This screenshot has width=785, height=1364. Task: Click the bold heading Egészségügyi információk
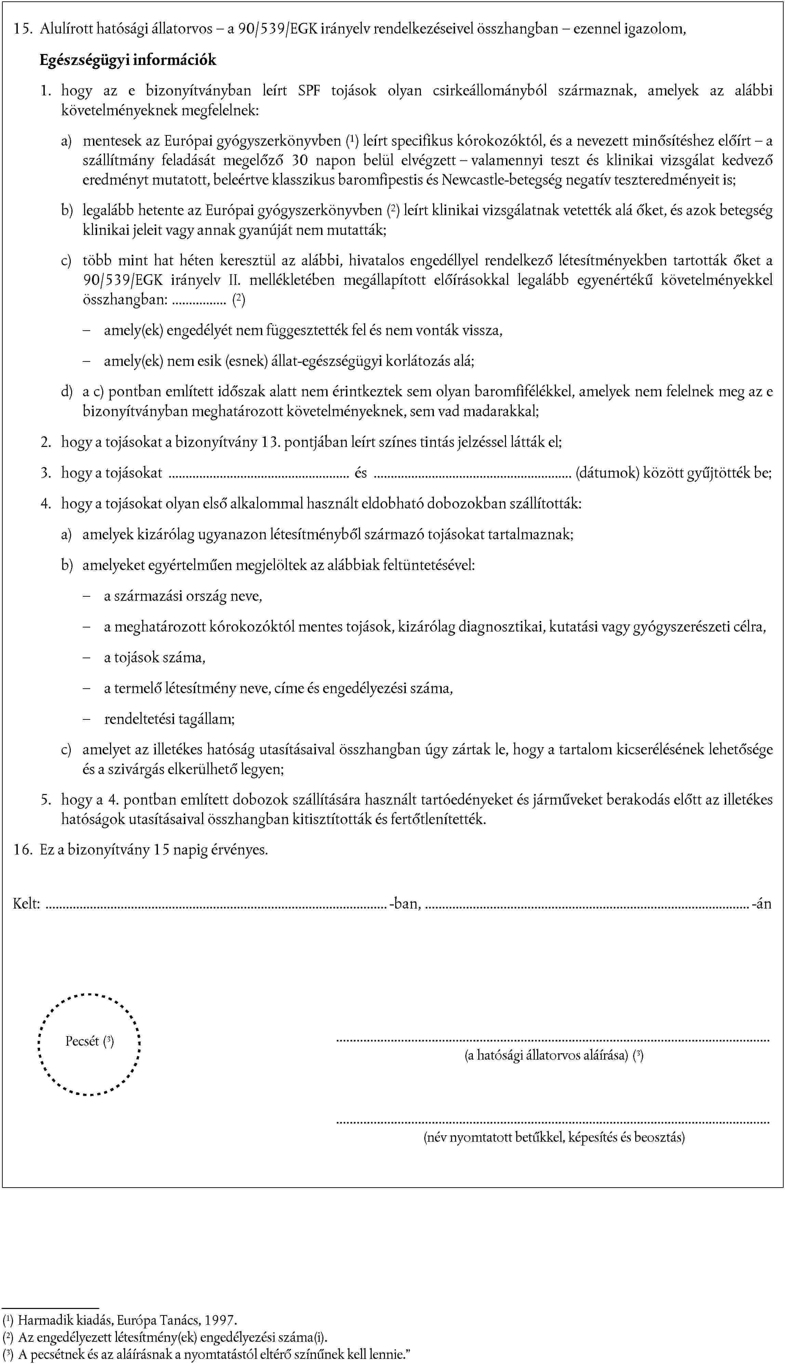coord(128,60)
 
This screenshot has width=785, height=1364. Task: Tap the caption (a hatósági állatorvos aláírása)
coord(546,1055)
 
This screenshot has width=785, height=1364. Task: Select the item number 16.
coord(22,850)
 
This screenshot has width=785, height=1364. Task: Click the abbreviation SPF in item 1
coord(309,91)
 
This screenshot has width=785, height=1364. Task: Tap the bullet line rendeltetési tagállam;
coord(169,719)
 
